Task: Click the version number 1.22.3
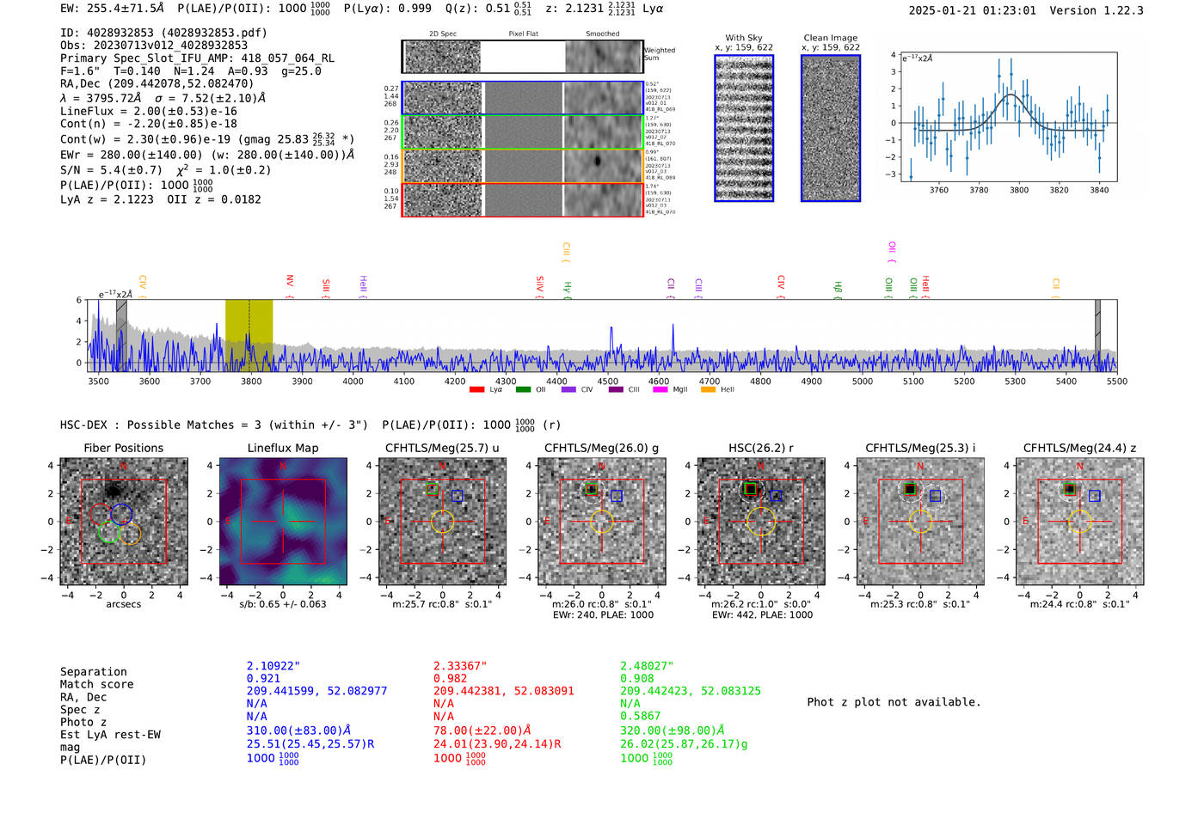[x=1118, y=10]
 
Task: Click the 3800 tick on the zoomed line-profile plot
[x=1019, y=190]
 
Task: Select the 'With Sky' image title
[x=743, y=38]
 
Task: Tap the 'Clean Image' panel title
[x=830, y=38]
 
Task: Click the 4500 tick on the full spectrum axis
[x=608, y=381]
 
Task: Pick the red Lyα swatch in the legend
[x=476, y=390]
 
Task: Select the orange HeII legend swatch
[x=708, y=390]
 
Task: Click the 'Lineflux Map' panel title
[x=282, y=448]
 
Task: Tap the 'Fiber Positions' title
[x=123, y=448]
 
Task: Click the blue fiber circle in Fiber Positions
[x=121, y=514]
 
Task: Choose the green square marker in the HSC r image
[x=750, y=489]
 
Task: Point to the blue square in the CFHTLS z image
[x=1094, y=496]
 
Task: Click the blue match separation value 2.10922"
[x=273, y=666]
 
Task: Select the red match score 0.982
[x=451, y=678]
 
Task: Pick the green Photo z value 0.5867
[x=641, y=715]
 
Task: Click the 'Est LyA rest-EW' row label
[x=110, y=735]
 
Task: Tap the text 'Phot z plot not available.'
[x=894, y=702]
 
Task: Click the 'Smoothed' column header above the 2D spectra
[x=602, y=34]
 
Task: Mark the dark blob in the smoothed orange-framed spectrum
[x=598, y=161]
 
